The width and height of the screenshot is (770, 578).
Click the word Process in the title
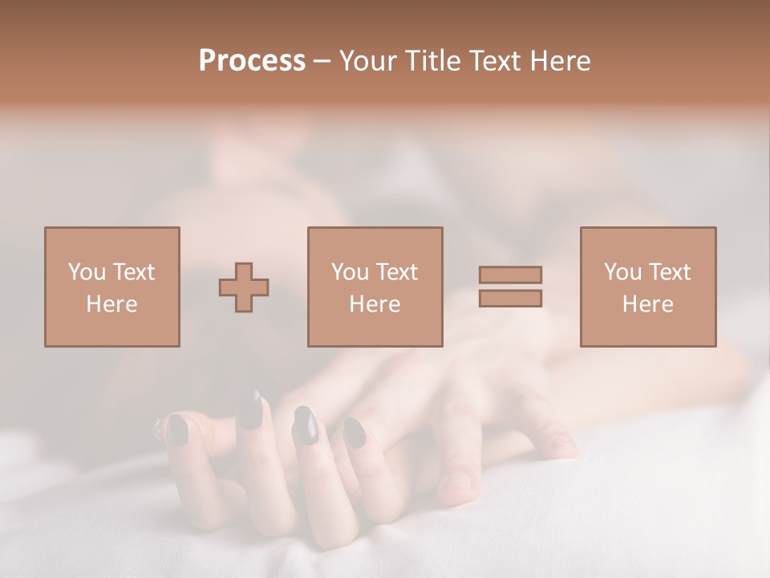click(252, 61)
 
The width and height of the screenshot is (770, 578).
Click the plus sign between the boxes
click(244, 287)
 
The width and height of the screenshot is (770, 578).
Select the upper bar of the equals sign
click(510, 275)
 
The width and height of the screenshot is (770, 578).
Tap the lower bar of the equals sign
click(510, 298)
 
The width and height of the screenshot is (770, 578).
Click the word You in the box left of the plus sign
click(86, 271)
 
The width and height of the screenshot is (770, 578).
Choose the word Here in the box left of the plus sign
click(111, 303)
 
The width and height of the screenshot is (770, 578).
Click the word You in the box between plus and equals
click(349, 271)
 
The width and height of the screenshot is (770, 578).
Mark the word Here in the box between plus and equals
click(375, 303)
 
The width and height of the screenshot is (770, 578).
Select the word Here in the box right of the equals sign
click(647, 303)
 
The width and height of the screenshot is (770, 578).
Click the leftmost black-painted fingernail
click(177, 430)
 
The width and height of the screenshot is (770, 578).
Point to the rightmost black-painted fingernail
click(355, 433)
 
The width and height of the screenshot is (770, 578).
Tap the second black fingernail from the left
click(251, 410)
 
